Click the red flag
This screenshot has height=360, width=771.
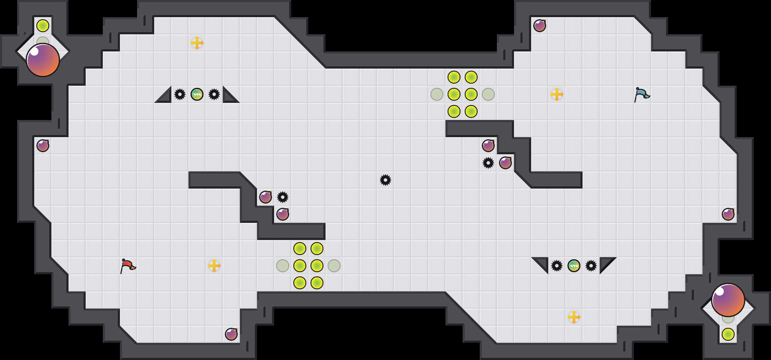(x=128, y=266)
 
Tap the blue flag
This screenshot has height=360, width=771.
(x=642, y=94)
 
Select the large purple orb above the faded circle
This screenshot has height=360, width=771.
(x=728, y=300)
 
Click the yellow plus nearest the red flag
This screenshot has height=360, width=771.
(x=214, y=266)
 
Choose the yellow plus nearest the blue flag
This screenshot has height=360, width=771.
(x=557, y=94)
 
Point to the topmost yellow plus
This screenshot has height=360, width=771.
(x=197, y=43)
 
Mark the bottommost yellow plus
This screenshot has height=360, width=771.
(x=574, y=317)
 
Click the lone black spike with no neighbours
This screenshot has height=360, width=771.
(x=385, y=180)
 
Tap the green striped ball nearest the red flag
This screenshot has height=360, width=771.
(x=197, y=94)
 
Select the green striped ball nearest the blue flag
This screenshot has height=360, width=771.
(x=574, y=266)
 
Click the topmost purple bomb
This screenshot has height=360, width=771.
(x=540, y=26)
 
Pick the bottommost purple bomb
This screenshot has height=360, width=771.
(x=231, y=334)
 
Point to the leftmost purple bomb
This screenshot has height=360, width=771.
(x=43, y=146)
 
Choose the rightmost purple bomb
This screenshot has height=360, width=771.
(x=728, y=214)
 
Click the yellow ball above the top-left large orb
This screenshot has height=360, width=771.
(x=43, y=26)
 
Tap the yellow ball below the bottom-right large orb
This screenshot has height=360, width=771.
(x=728, y=334)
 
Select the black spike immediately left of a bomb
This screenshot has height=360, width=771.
(x=488, y=163)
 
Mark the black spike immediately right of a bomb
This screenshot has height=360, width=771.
(x=283, y=197)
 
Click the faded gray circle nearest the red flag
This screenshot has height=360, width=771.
(x=283, y=266)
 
